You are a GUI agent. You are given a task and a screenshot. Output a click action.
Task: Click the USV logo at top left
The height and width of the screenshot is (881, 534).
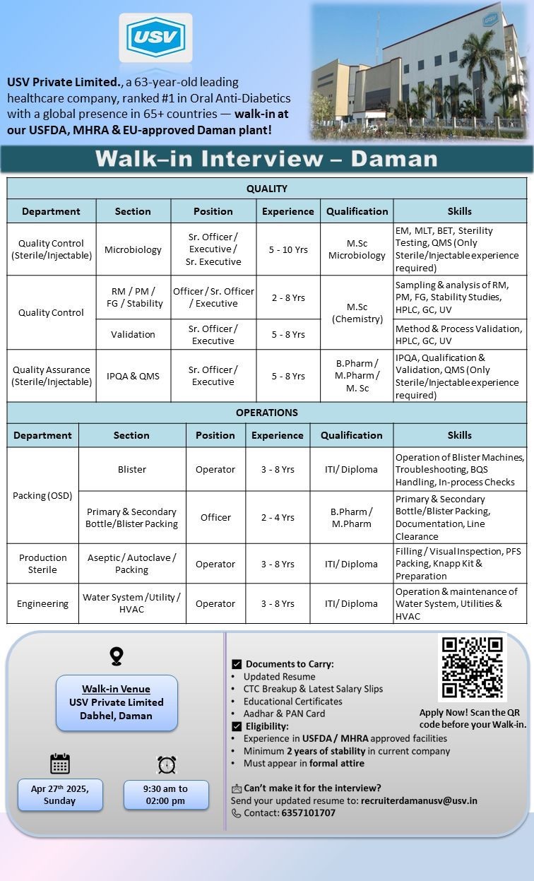(x=155, y=40)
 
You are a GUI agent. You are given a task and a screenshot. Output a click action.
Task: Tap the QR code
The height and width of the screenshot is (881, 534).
(x=472, y=668)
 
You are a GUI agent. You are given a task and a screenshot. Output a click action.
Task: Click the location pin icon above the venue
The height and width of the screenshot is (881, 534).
(x=117, y=656)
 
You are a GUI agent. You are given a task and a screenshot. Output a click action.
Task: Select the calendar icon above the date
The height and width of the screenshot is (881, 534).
(x=60, y=764)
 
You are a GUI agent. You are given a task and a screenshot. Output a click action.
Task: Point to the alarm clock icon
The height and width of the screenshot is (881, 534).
(x=167, y=764)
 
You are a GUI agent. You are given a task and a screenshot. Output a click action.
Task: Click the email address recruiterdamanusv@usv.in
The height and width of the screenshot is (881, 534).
(x=419, y=800)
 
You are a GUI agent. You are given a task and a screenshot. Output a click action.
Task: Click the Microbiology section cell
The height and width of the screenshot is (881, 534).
(x=133, y=249)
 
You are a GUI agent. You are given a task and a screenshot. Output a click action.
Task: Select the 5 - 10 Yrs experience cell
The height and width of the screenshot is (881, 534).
(x=288, y=249)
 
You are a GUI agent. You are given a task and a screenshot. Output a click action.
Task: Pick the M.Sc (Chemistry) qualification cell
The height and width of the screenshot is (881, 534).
(x=357, y=313)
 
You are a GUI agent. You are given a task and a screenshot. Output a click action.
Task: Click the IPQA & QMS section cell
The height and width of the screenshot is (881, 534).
(x=133, y=376)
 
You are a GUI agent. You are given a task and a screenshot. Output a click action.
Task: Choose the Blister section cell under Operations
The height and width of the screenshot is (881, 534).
(x=132, y=469)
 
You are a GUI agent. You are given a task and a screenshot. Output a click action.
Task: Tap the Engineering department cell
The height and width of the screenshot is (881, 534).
(x=43, y=603)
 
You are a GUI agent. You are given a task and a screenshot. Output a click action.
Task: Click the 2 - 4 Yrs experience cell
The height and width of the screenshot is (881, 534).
(x=278, y=517)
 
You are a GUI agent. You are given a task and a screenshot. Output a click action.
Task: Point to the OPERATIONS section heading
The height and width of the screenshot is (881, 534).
(x=267, y=413)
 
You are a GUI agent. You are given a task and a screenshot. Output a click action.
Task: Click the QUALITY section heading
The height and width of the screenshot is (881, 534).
(x=267, y=189)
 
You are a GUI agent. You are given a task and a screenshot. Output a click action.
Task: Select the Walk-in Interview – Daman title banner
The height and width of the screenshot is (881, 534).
(x=267, y=158)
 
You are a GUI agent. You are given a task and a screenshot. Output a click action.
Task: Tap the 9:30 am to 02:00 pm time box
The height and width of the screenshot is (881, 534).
(x=166, y=795)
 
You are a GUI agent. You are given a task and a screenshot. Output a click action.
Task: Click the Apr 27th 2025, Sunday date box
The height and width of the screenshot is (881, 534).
(x=60, y=795)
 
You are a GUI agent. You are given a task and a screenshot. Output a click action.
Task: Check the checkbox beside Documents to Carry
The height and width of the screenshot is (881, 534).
(x=237, y=664)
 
